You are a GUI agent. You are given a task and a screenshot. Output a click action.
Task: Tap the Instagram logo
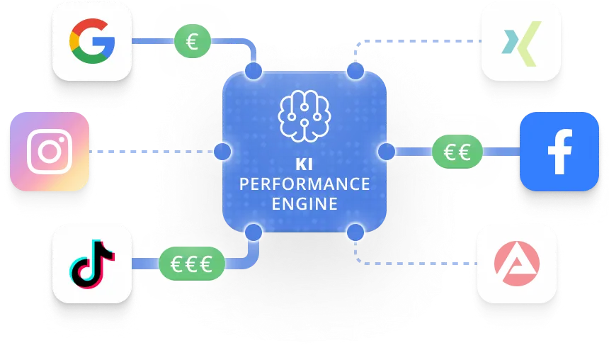(50, 152)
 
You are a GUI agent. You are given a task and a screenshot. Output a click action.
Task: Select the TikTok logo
(92, 264)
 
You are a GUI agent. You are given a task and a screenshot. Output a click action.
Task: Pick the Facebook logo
(559, 152)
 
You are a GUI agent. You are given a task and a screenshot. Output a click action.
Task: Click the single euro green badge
(192, 42)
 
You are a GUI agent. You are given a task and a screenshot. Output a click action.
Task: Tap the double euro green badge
(457, 151)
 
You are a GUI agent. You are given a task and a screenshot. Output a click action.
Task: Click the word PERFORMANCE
(304, 184)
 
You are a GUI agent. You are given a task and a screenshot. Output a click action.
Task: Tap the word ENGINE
(304, 204)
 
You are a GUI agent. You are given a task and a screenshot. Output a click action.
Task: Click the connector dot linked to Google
(254, 72)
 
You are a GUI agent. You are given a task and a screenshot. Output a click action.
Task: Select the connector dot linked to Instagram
(222, 152)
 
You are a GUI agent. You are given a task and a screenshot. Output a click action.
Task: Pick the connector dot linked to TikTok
(253, 231)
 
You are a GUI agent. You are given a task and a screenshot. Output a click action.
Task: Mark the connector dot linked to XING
(355, 72)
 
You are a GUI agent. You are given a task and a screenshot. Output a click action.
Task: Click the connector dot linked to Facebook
(387, 151)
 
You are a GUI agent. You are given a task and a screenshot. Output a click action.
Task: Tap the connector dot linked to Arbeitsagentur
(355, 231)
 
